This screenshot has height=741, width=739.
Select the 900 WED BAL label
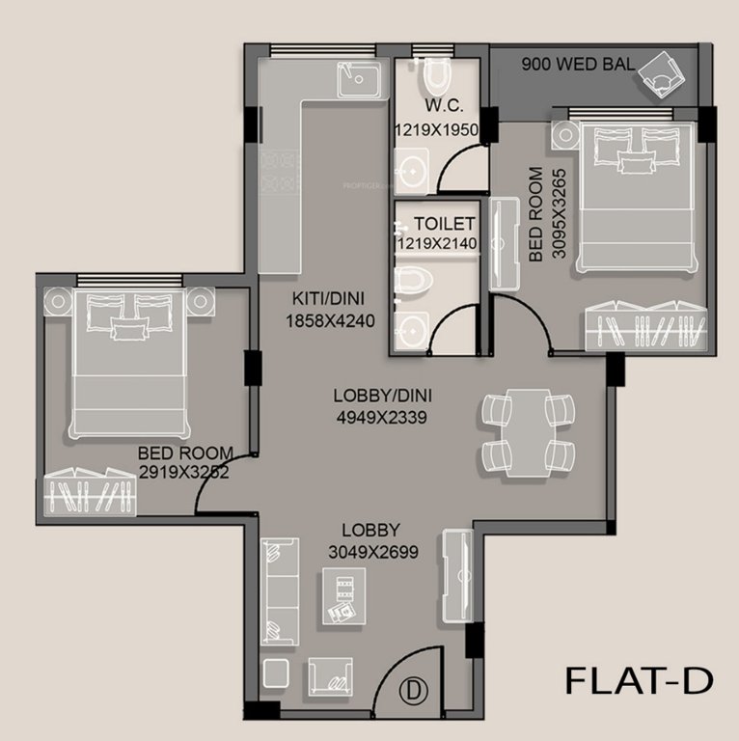pyautogui.click(x=578, y=66)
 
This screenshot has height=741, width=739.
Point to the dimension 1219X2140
pyautogui.click(x=435, y=244)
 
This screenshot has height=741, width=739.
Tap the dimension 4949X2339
pyautogui.click(x=380, y=417)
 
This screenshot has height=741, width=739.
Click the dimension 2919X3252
pyautogui.click(x=185, y=473)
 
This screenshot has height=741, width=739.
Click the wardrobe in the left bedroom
pyautogui.click(x=91, y=492)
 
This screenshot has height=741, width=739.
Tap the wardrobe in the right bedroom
pyautogui.click(x=645, y=327)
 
